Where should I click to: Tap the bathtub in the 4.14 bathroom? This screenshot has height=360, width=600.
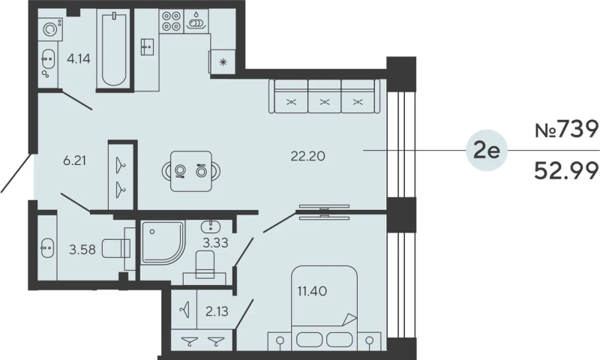[x=114, y=49]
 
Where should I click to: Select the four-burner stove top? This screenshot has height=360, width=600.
[x=171, y=21]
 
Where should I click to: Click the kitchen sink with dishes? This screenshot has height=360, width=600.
[x=196, y=21]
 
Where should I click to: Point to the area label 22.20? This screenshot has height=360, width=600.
[x=308, y=156]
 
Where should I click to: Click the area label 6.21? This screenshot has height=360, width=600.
[x=74, y=161]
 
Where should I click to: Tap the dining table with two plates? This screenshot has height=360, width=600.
[x=191, y=171]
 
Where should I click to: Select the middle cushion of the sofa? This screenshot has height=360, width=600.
[x=325, y=96]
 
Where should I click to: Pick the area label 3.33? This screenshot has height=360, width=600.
[x=215, y=242]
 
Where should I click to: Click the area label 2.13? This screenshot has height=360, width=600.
[x=217, y=312]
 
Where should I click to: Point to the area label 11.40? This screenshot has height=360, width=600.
[x=312, y=292]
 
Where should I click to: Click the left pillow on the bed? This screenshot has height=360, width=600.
[x=309, y=340]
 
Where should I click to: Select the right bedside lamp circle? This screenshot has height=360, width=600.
[x=369, y=340]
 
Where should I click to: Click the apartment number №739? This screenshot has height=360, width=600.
[x=566, y=129]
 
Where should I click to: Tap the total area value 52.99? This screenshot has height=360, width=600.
[x=566, y=171]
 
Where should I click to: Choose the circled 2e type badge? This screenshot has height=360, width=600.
[x=487, y=150]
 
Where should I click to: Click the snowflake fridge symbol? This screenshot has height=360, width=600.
[x=223, y=62]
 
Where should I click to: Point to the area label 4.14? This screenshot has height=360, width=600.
[x=79, y=59]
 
